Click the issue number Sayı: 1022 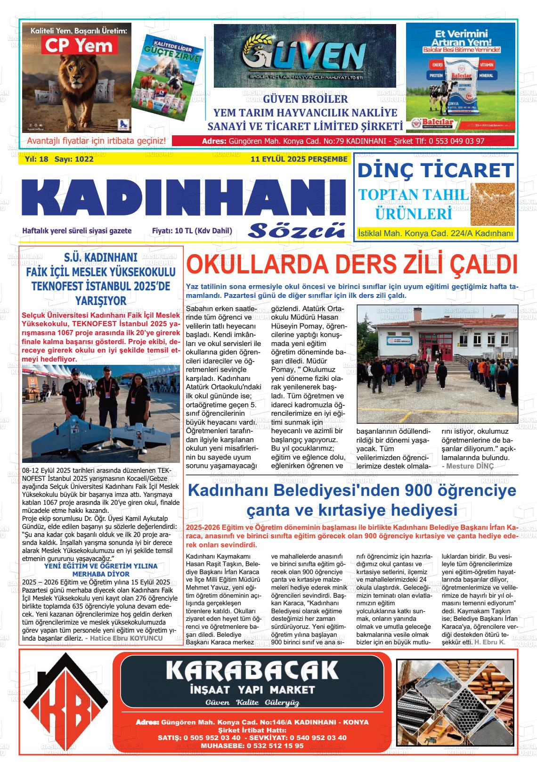coord(74,159)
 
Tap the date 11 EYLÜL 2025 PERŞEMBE coord(299,159)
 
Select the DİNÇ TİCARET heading coord(435,170)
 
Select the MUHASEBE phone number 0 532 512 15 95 coord(275,746)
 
